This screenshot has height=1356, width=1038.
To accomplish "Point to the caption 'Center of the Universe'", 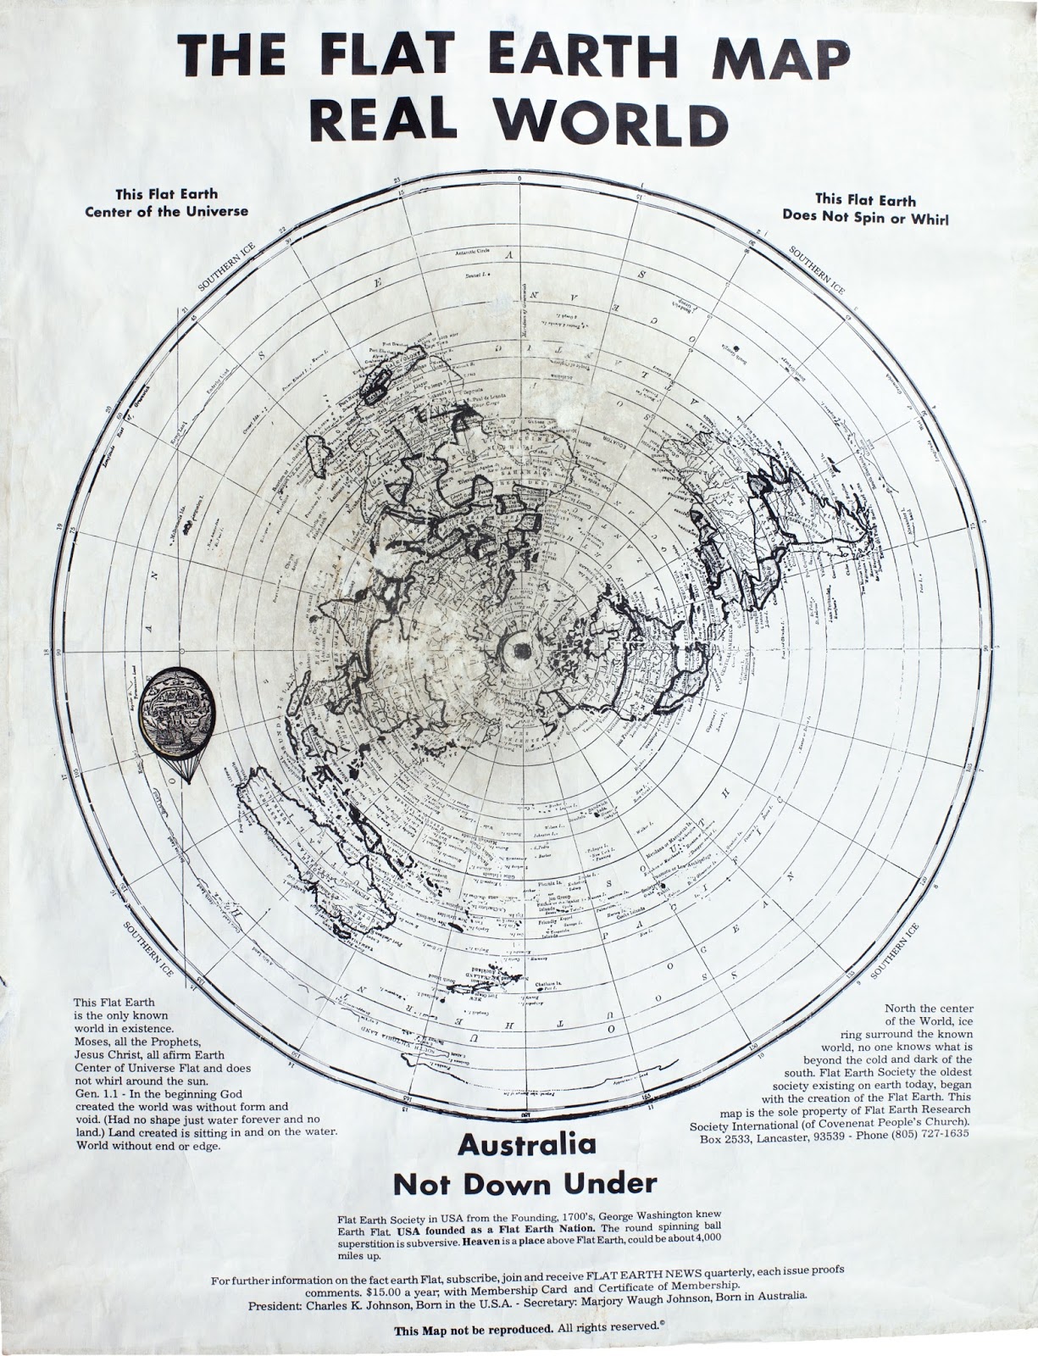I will coord(167,211).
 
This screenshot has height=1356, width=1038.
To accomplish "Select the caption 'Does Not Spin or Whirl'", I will coord(865,217).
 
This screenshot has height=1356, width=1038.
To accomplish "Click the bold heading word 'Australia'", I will coord(527,1145).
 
